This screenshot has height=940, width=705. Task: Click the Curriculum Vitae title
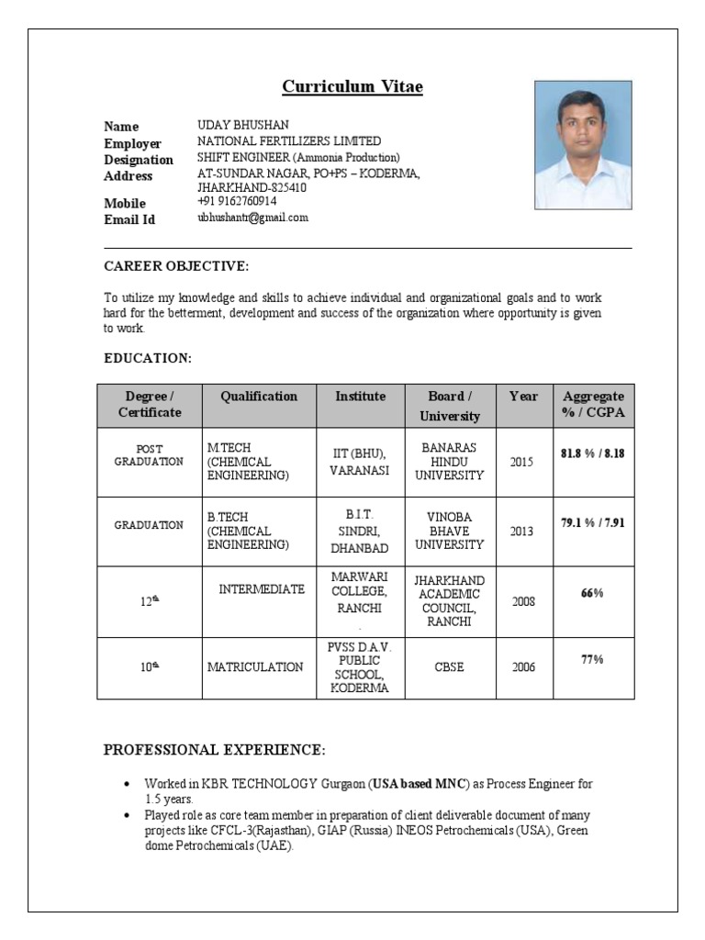point(352,87)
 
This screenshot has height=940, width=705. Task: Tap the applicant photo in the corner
point(583,144)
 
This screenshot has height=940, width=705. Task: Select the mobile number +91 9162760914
point(237,201)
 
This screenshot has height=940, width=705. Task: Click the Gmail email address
point(252,218)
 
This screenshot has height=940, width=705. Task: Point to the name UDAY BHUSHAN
point(242,125)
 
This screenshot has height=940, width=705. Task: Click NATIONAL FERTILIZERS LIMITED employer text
point(289,141)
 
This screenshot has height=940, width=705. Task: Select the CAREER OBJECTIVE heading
point(176,266)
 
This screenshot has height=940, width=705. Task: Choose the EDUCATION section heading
point(147,357)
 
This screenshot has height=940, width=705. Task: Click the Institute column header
point(360,397)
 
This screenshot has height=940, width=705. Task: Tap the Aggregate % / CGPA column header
point(593,405)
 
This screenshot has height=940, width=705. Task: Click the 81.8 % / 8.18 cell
point(593,453)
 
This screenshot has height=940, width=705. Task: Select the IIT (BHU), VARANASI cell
point(360,462)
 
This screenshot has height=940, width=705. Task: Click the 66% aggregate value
point(592,593)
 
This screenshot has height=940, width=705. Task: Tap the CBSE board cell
point(449,667)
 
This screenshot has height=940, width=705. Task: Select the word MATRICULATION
point(255,667)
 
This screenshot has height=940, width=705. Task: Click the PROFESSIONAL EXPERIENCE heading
point(214,750)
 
